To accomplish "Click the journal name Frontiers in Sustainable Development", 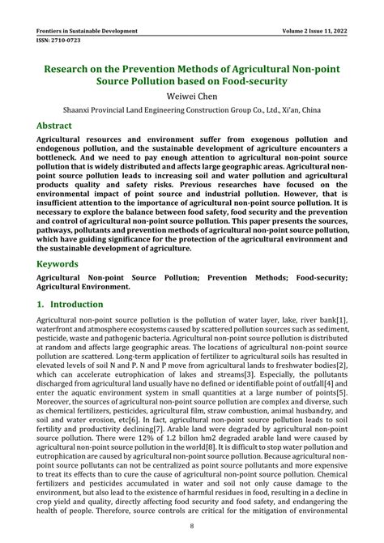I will [x=87, y=30].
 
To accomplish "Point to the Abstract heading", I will [x=59, y=126].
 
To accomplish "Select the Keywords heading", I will [x=62, y=264].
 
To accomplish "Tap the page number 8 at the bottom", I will [x=192, y=528].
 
